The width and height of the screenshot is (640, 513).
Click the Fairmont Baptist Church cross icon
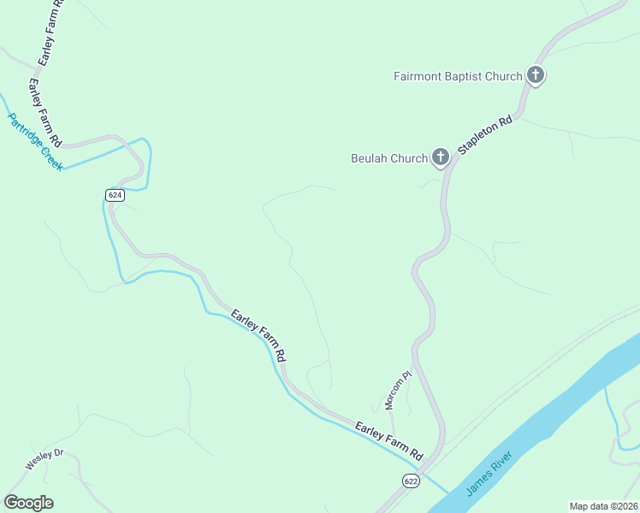[x=536, y=76]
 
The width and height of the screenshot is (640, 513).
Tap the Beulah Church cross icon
[x=440, y=156]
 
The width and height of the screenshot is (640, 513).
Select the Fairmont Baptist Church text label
[x=458, y=76]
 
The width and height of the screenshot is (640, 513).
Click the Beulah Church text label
[x=389, y=158]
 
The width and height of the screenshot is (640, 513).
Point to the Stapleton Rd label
[x=484, y=134]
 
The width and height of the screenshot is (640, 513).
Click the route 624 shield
[x=116, y=195]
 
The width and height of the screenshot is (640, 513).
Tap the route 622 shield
[x=412, y=481]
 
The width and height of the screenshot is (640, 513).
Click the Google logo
[x=28, y=503]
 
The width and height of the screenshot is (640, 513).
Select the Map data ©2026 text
[x=603, y=505]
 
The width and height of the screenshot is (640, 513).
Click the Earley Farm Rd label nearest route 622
[x=389, y=439]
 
